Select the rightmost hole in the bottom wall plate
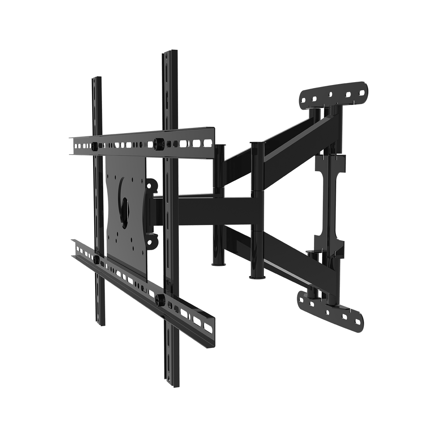tap(357, 322)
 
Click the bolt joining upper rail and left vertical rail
tap(95, 146)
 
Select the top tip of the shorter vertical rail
tap(96, 78)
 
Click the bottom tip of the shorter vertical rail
tap(100, 324)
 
